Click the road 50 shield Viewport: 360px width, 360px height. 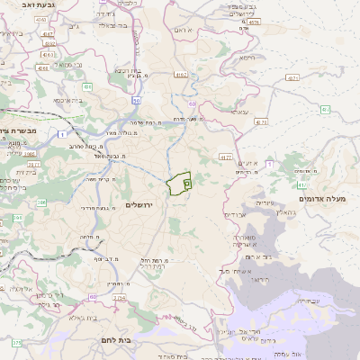click(x=136, y=101)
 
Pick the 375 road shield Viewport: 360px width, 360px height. click(x=15, y=343)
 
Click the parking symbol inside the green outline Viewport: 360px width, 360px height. click(x=186, y=183)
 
